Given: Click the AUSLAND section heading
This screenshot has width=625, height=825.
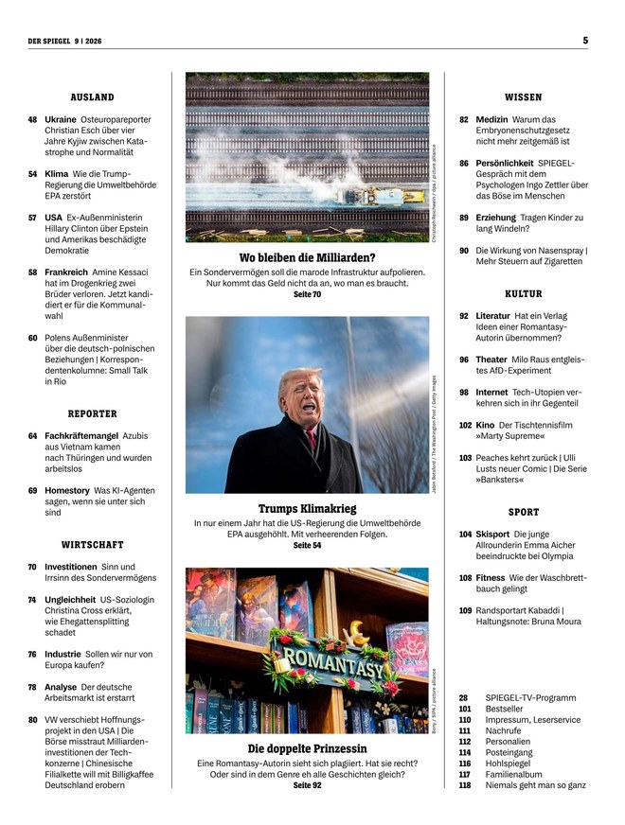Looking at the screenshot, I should (x=92, y=97).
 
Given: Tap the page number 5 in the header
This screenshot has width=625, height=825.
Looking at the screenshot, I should (x=585, y=40).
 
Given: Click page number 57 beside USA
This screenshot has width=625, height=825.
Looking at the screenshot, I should (x=32, y=217).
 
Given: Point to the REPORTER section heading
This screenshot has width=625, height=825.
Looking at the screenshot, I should (x=92, y=413).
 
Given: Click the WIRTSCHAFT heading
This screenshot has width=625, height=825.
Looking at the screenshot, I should (x=92, y=545).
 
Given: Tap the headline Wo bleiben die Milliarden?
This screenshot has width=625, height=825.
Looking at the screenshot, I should (x=307, y=257).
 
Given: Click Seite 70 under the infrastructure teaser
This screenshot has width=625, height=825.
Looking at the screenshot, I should (x=307, y=295).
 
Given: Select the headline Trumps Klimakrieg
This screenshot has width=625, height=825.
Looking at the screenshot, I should (x=307, y=508).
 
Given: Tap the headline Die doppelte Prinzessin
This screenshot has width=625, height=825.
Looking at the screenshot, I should (x=307, y=748).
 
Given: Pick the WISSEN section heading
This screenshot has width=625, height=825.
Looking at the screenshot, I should (x=523, y=97).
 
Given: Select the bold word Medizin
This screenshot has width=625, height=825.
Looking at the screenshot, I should (x=492, y=120).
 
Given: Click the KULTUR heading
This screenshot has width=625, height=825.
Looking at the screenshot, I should (x=523, y=294).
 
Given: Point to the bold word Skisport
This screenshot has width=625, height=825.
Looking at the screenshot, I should (x=495, y=535).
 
